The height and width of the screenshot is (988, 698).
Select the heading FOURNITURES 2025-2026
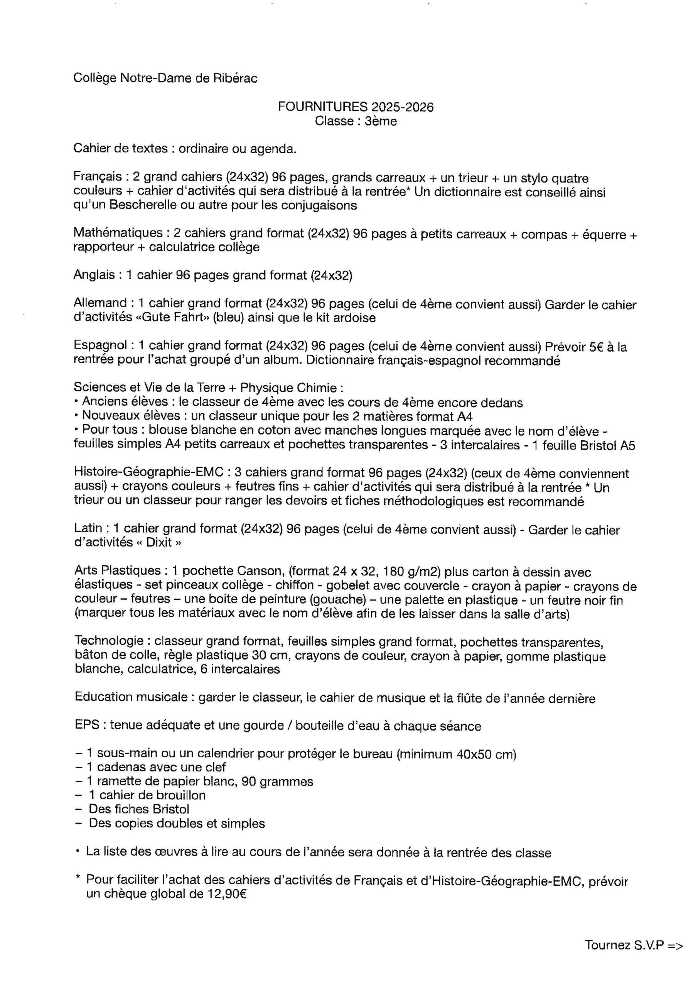pyautogui.click(x=356, y=107)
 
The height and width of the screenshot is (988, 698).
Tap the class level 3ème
pyautogui.click(x=381, y=121)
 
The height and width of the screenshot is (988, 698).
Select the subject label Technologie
pyautogui.click(x=108, y=641)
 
